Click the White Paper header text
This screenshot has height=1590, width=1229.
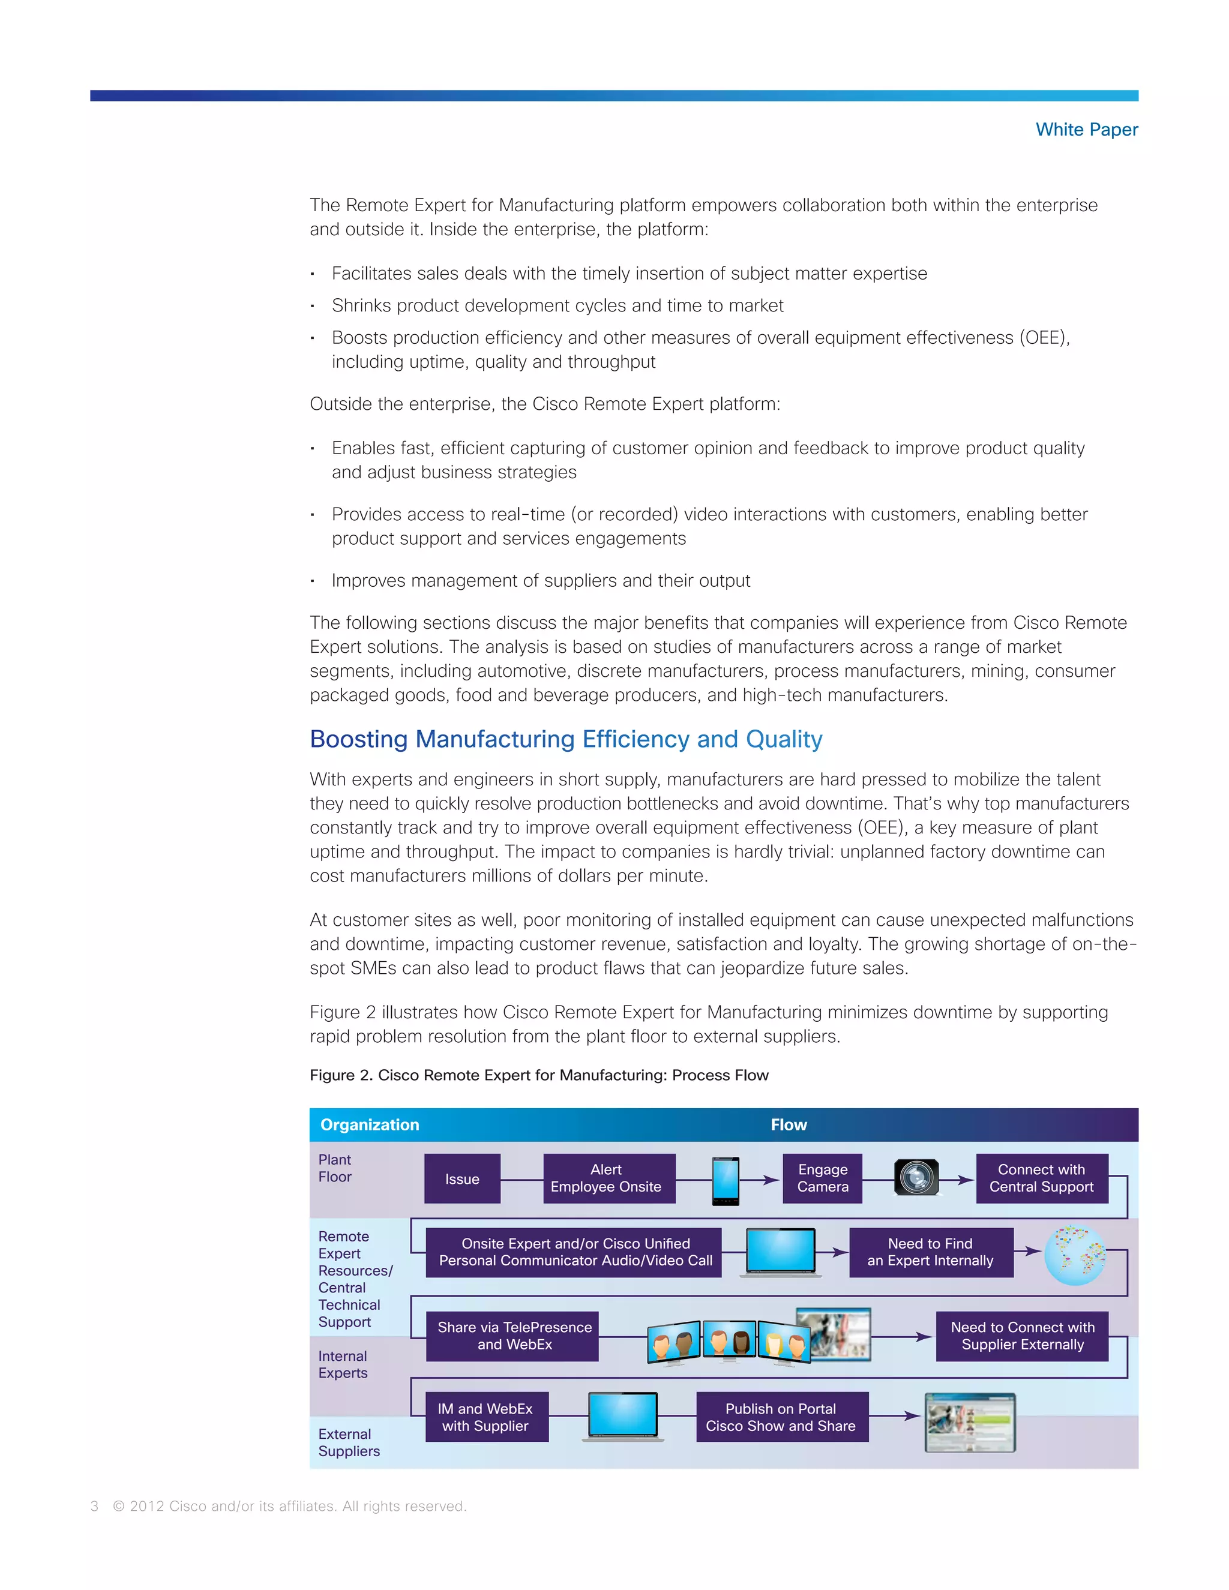[1086, 130]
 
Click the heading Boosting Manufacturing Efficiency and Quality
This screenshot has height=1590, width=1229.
[566, 739]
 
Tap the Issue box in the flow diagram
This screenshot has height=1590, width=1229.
[462, 1178]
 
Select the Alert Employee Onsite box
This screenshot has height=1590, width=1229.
[608, 1178]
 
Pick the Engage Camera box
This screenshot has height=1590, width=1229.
[822, 1178]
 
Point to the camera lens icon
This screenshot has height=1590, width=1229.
[916, 1177]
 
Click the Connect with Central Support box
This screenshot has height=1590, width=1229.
[1041, 1178]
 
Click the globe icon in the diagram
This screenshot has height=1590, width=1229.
[1075, 1255]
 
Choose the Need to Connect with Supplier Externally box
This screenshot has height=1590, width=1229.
[1021, 1336]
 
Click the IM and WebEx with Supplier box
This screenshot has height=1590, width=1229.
[486, 1417]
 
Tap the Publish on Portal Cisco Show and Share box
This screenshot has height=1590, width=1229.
[781, 1417]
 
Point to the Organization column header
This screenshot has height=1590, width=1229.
[370, 1125]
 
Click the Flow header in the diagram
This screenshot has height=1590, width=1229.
[789, 1125]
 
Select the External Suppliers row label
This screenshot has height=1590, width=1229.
[349, 1442]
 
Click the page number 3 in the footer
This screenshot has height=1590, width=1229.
[95, 1506]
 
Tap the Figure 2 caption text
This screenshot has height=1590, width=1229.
[539, 1075]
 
